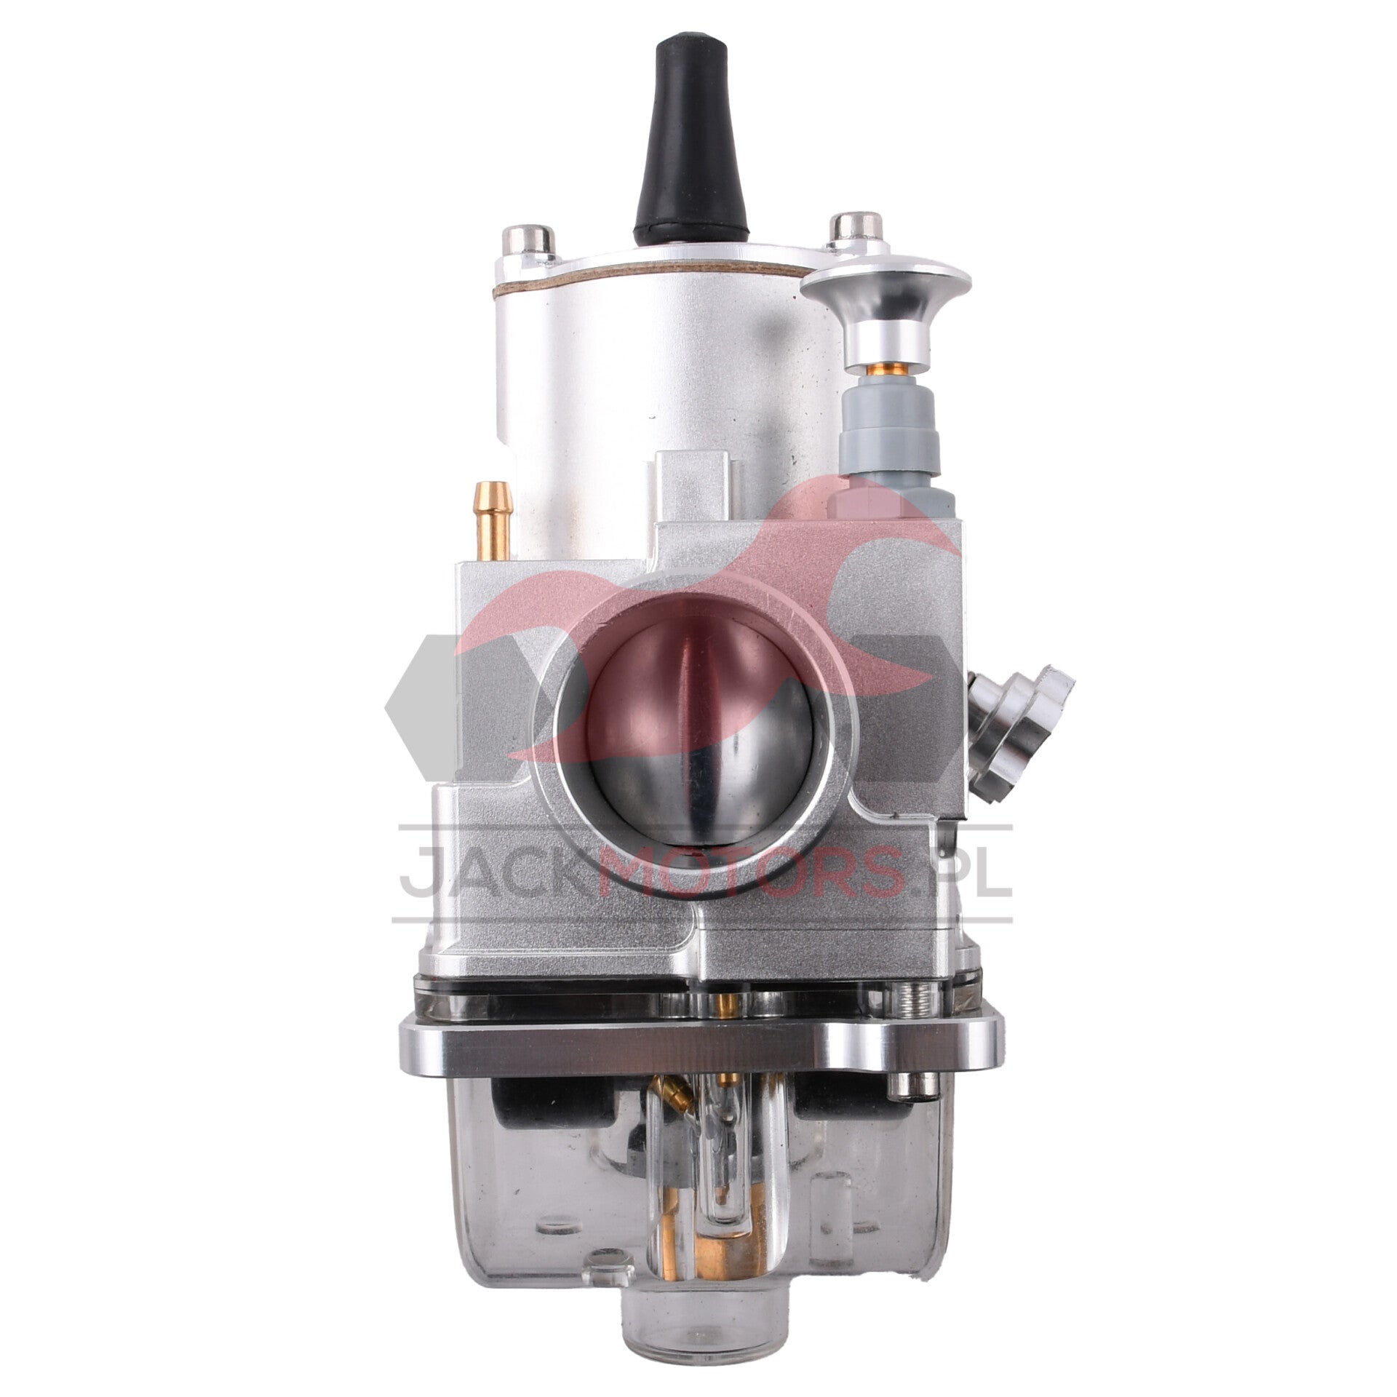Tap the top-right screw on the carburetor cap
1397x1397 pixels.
coord(857,232)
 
